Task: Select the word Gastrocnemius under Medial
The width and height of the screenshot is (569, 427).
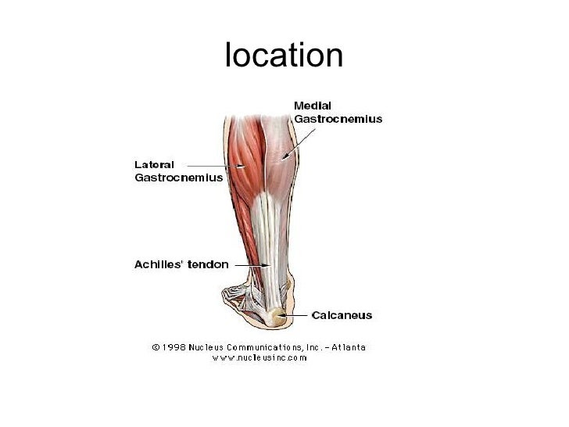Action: point(338,119)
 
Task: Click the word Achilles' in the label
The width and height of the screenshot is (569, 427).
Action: point(156,264)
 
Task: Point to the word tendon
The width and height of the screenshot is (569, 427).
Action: point(207,264)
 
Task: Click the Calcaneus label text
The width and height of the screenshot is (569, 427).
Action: point(342,316)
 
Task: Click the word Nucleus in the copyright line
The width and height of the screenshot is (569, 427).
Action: point(216,346)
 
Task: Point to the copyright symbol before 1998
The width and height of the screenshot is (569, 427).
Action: point(156,346)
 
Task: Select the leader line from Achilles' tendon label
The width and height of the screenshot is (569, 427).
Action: point(246,265)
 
